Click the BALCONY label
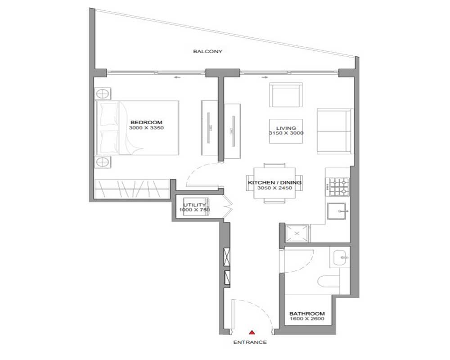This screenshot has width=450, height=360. (207, 52)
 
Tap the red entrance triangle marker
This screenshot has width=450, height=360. (252, 333)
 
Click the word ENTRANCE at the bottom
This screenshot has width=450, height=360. (250, 342)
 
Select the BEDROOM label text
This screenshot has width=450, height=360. (146, 122)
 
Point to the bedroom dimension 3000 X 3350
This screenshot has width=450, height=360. (146, 128)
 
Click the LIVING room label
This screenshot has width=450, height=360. (286, 128)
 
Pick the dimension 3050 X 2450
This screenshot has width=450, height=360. (274, 188)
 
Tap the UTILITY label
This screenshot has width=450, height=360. (194, 205)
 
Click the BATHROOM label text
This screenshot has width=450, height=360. (307, 314)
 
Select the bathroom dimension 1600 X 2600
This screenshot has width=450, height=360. (307, 319)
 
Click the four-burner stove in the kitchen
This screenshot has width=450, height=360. (339, 187)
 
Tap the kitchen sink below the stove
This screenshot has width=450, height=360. (337, 211)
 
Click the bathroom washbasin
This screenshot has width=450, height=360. (341, 257)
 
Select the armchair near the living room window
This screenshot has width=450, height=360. (286, 95)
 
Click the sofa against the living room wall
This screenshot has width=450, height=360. (335, 131)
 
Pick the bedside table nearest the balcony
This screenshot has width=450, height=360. (103, 94)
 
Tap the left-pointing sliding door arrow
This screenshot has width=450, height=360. (177, 77)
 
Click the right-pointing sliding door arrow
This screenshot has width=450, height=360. (265, 77)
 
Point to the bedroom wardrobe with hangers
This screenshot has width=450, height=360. (132, 189)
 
